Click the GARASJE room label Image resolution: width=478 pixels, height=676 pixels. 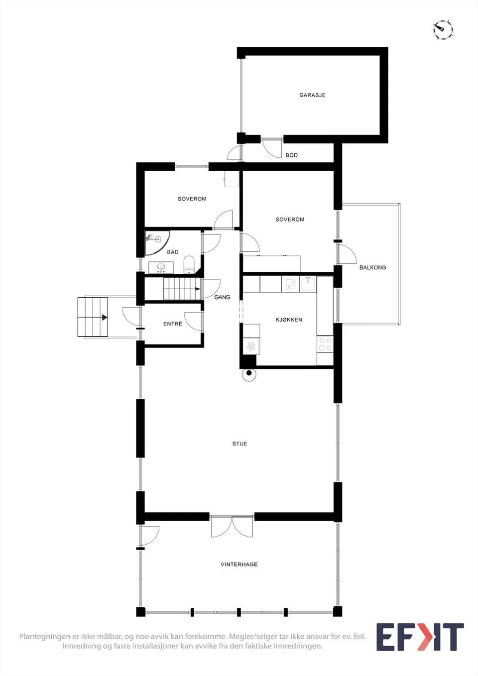pos(312,95)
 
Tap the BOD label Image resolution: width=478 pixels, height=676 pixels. pos(291,155)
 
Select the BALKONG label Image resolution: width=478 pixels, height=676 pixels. pos(372,267)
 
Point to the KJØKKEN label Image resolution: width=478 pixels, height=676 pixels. pos(289,320)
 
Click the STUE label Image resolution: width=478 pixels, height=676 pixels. pos(239,444)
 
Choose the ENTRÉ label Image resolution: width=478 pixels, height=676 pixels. pos(173,324)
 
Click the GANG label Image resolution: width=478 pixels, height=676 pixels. pos(222,297)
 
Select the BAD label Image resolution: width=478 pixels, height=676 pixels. pos(173,252)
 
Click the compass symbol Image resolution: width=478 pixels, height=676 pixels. pos(443,29)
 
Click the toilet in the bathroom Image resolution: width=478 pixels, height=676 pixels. pos(189,265)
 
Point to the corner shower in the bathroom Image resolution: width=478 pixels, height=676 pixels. pos(157,243)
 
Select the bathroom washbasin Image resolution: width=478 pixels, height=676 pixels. pos(161,268)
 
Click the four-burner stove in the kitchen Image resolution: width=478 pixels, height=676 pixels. pos(325,344)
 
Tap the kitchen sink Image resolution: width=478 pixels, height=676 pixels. pos(308,284)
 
